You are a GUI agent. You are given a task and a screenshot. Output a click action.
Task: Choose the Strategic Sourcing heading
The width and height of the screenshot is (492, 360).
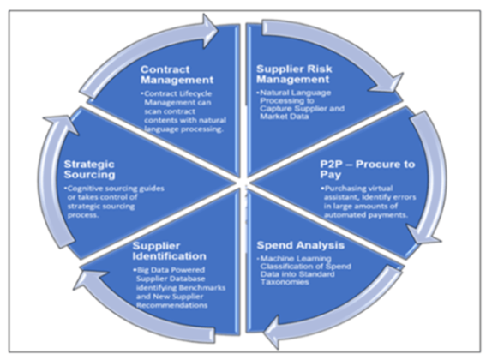(97, 168)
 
